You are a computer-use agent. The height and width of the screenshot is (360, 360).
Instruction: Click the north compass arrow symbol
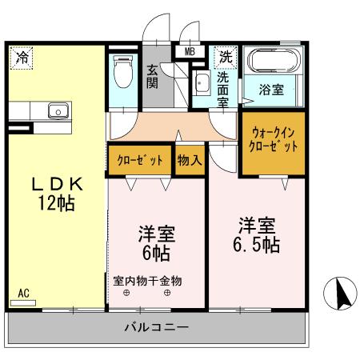pos(339,294)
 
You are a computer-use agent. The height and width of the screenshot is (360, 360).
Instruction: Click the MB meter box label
pos(190,53)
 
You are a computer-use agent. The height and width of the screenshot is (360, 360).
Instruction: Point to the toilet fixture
pos(122,71)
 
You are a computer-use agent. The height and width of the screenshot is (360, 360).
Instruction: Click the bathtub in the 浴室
pos(274,62)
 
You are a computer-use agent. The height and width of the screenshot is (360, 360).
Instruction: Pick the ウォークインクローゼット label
pos(274,140)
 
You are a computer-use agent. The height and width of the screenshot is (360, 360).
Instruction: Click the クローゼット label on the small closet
pos(140,160)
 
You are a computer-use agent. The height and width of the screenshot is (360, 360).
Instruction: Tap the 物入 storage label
pos(189,160)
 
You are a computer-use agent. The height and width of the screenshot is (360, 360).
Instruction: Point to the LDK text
pos(57,184)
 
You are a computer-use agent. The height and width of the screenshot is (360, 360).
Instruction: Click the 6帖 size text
pos(157,254)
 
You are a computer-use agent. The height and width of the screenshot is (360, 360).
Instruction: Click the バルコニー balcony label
pos(157,327)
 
